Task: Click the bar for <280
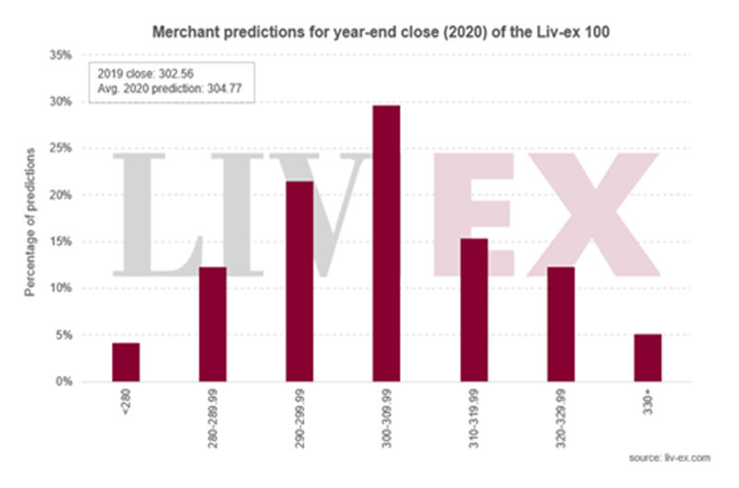click(126, 362)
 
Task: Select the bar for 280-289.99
click(212, 324)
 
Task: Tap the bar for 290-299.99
click(299, 281)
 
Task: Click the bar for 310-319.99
click(474, 310)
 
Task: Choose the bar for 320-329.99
click(561, 324)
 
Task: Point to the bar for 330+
click(648, 358)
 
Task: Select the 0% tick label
click(64, 382)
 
